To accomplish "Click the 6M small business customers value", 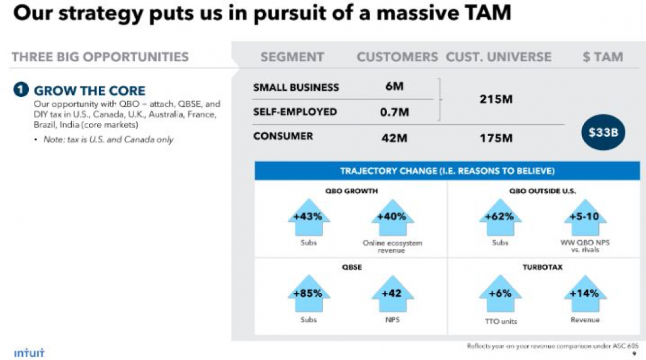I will (394, 87).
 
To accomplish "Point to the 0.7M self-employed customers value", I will (394, 112).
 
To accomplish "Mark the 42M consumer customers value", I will (394, 137).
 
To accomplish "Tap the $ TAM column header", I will (602, 57).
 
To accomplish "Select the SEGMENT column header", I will (292, 57).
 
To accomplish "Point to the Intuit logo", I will (29, 352).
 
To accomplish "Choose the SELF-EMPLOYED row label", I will (295, 112).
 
